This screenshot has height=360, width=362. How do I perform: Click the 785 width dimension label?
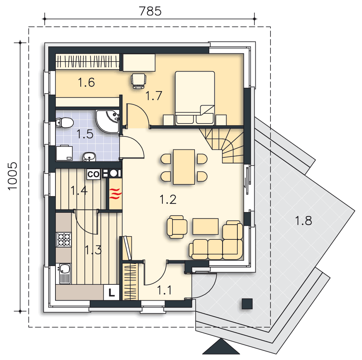[150, 11]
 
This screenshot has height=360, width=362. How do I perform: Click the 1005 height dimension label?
[13, 176]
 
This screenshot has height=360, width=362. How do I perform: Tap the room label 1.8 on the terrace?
[303, 221]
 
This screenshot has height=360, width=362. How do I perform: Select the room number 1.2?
[168, 199]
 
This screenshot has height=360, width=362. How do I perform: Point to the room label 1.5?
[85, 134]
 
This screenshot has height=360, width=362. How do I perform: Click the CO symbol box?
[93, 174]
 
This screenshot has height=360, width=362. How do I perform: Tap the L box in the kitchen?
[112, 292]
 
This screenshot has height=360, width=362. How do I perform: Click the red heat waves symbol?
[115, 193]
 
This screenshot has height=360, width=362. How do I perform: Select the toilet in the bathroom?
[64, 122]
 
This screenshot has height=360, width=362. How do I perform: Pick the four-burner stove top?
[64, 239]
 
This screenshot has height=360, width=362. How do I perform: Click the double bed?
[195, 98]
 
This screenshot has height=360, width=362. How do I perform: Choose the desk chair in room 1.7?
[139, 81]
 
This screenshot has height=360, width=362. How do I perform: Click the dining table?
[184, 167]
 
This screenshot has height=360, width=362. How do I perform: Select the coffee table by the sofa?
[205, 226]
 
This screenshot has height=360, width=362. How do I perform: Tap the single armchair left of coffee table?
[177, 227]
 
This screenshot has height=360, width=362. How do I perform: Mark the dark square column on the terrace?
[247, 304]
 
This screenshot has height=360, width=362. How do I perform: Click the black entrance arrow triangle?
[221, 347]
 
